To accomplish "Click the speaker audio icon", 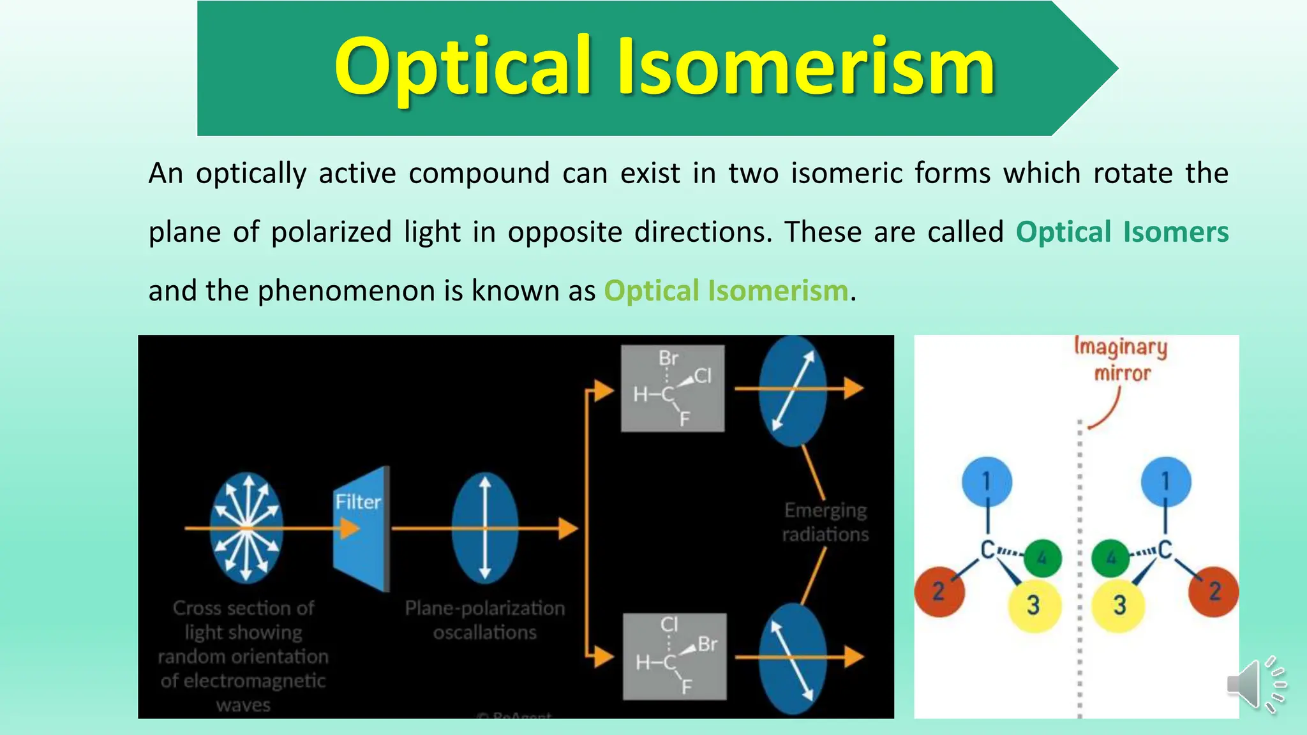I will click(x=1255, y=685).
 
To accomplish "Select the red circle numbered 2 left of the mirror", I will click(x=939, y=591).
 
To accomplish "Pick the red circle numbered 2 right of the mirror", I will click(x=1213, y=591).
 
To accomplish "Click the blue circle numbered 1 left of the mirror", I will click(x=987, y=482).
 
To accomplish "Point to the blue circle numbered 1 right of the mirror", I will click(x=1166, y=482).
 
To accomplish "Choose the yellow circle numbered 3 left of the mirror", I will click(x=1034, y=605).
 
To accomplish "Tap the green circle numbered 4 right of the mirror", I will click(x=1111, y=558).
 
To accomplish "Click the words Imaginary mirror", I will click(x=1121, y=360).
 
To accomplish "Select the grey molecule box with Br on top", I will click(x=673, y=389).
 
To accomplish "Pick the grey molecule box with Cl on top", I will click(x=675, y=657).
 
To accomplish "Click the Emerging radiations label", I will click(x=825, y=522).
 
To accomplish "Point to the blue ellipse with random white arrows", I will click(x=246, y=528).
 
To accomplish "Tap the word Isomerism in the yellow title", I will click(x=805, y=66).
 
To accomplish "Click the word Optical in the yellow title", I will click(x=463, y=68).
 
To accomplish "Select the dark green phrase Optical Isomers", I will click(x=1122, y=232).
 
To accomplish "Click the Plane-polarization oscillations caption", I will click(x=485, y=620).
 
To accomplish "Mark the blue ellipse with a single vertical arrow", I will click(x=485, y=528).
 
